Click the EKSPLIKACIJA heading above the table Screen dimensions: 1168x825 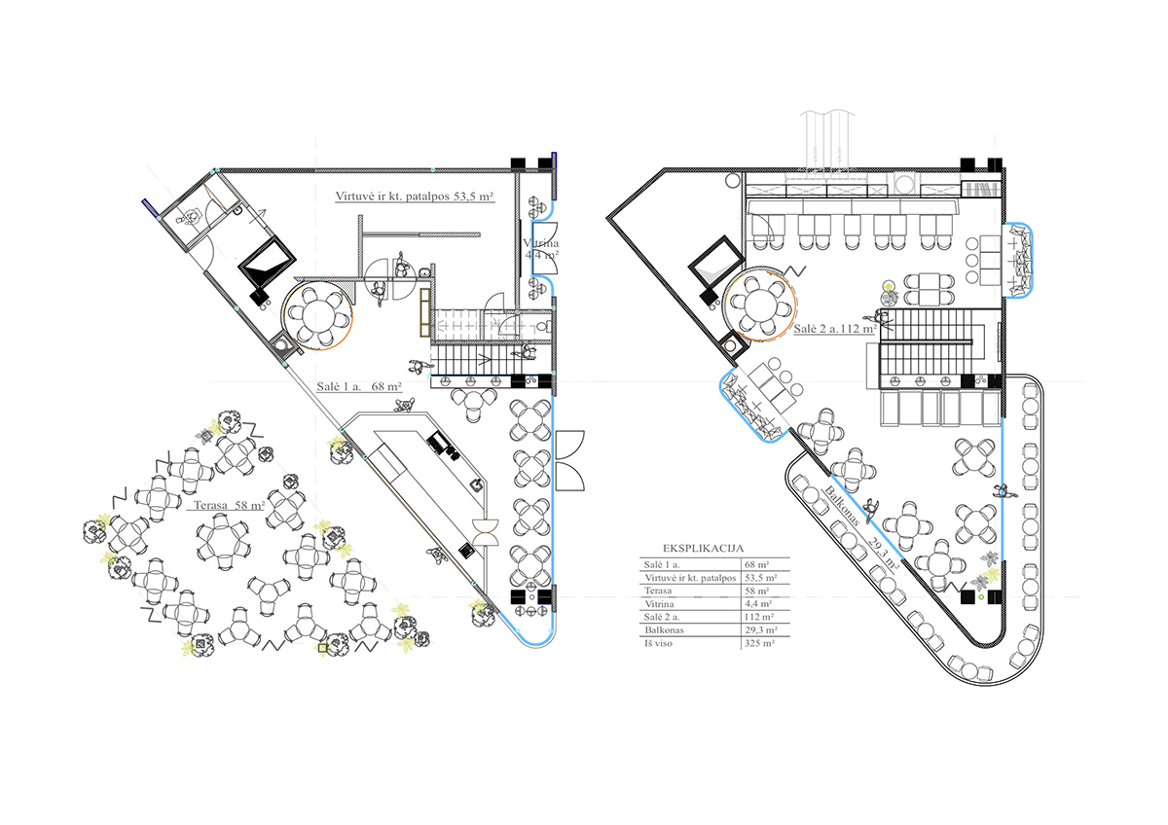point(703,549)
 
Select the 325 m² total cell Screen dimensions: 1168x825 point(760,643)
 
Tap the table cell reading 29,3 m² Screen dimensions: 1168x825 point(761,630)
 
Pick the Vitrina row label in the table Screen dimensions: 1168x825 point(659,604)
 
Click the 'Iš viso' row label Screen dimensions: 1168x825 point(658,643)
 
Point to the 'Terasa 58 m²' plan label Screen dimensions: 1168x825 point(230,505)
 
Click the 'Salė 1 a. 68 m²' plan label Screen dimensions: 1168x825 point(359,386)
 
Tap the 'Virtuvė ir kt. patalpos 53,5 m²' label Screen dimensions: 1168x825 point(415,197)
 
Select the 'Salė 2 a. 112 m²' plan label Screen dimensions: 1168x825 point(834,329)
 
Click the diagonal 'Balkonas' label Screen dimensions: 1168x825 point(843,505)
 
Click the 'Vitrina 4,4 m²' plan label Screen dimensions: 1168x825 point(541,249)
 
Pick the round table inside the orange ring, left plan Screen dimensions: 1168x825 point(317,316)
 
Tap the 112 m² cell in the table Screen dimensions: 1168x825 point(759,617)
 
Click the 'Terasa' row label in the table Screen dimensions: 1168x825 point(658,591)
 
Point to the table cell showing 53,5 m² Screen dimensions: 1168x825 point(761,578)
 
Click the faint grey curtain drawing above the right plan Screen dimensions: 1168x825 point(828,141)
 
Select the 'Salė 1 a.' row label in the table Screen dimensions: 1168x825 point(662,565)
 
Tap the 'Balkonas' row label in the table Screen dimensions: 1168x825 point(664,630)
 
